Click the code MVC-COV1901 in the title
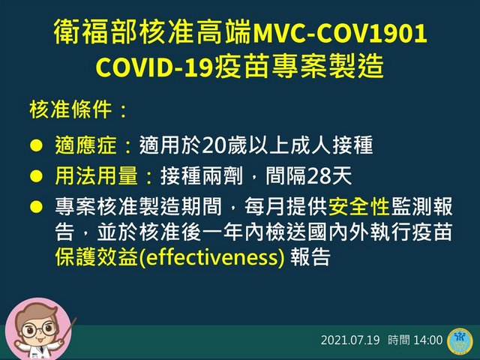tap(340, 32)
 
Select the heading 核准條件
tap(70, 109)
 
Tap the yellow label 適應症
tap(86, 145)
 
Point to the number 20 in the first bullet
tap(213, 145)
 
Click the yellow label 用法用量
tap(97, 176)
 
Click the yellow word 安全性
tap(358, 206)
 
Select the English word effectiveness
tap(212, 257)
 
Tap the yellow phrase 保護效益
tap(97, 256)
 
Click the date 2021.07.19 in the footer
tap(350, 340)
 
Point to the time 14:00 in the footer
tap(428, 340)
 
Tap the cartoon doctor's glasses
tap(39, 330)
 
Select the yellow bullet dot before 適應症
tap(36, 145)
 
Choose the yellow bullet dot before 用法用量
tap(36, 176)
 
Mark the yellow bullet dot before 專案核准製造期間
tap(36, 207)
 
